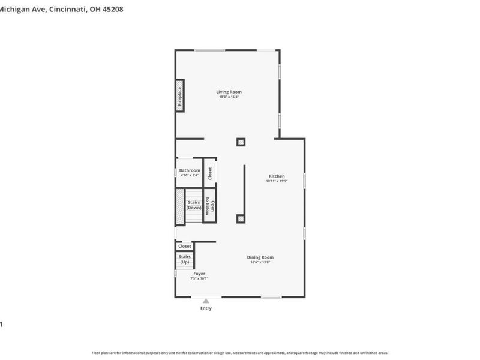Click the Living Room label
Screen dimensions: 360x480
tap(229, 92)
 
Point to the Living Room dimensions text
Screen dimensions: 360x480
tap(229, 97)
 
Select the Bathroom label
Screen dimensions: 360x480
tap(190, 170)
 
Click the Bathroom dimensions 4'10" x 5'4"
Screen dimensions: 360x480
tap(190, 175)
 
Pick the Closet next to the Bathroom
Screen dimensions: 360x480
tap(209, 173)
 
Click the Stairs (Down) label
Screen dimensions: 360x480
tap(193, 205)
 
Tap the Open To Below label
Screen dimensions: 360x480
tap(209, 206)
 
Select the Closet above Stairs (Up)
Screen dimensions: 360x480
tap(185, 246)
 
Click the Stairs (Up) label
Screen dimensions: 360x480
tap(185, 260)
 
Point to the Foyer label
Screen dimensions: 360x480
tap(199, 274)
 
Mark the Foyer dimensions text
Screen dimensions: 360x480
tap(199, 278)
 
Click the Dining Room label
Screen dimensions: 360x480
tap(260, 257)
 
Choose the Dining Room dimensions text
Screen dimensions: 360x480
tap(260, 262)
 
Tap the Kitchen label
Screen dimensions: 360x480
tap(277, 176)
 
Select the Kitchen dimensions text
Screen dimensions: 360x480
tap(277, 181)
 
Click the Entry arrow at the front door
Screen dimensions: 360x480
tap(206, 301)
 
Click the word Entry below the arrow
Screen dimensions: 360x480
tap(206, 308)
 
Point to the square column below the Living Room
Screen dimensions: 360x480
tap(241, 142)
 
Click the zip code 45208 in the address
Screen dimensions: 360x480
tap(111, 10)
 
